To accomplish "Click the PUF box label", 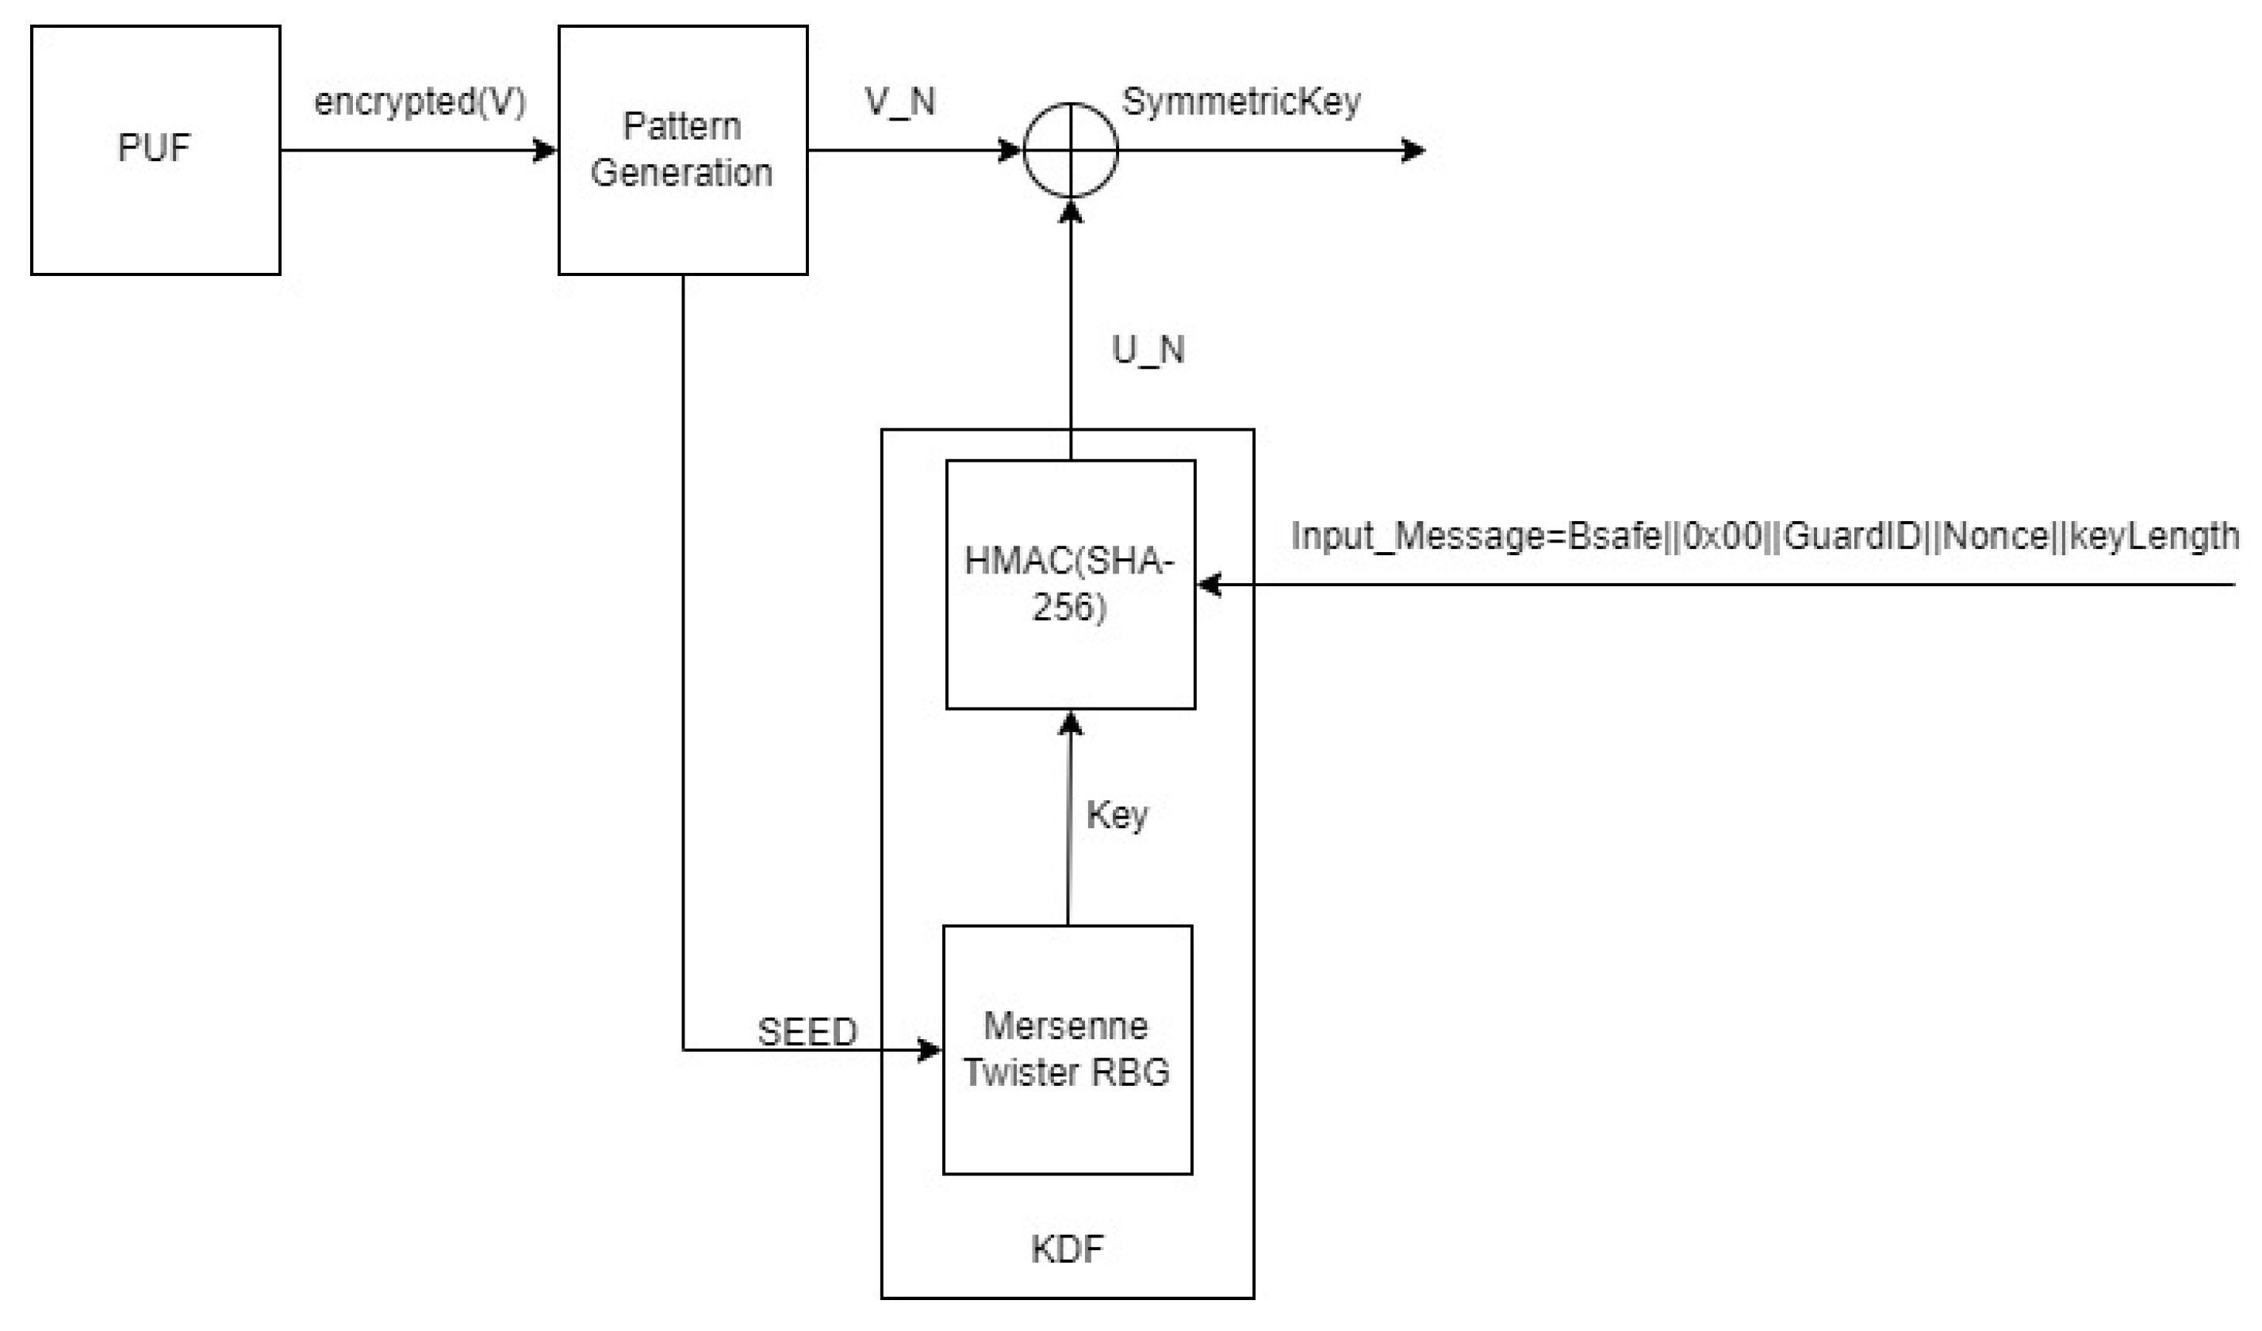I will tap(155, 149).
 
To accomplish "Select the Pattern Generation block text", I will tap(682, 150).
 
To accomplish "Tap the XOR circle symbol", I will tap(1070, 150).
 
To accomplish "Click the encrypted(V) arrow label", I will tap(420, 102).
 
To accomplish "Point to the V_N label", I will tap(899, 102).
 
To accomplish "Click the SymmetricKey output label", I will tap(1240, 102).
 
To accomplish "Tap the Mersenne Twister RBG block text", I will tap(1067, 1049).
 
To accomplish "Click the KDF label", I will tap(1067, 1249).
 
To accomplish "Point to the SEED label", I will tap(807, 1032).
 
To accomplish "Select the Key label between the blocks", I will tap(1117, 815).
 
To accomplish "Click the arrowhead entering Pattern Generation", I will tap(546, 150).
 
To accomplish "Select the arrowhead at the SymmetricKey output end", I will tap(1413, 150).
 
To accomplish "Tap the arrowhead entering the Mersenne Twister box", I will tap(930, 1049).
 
